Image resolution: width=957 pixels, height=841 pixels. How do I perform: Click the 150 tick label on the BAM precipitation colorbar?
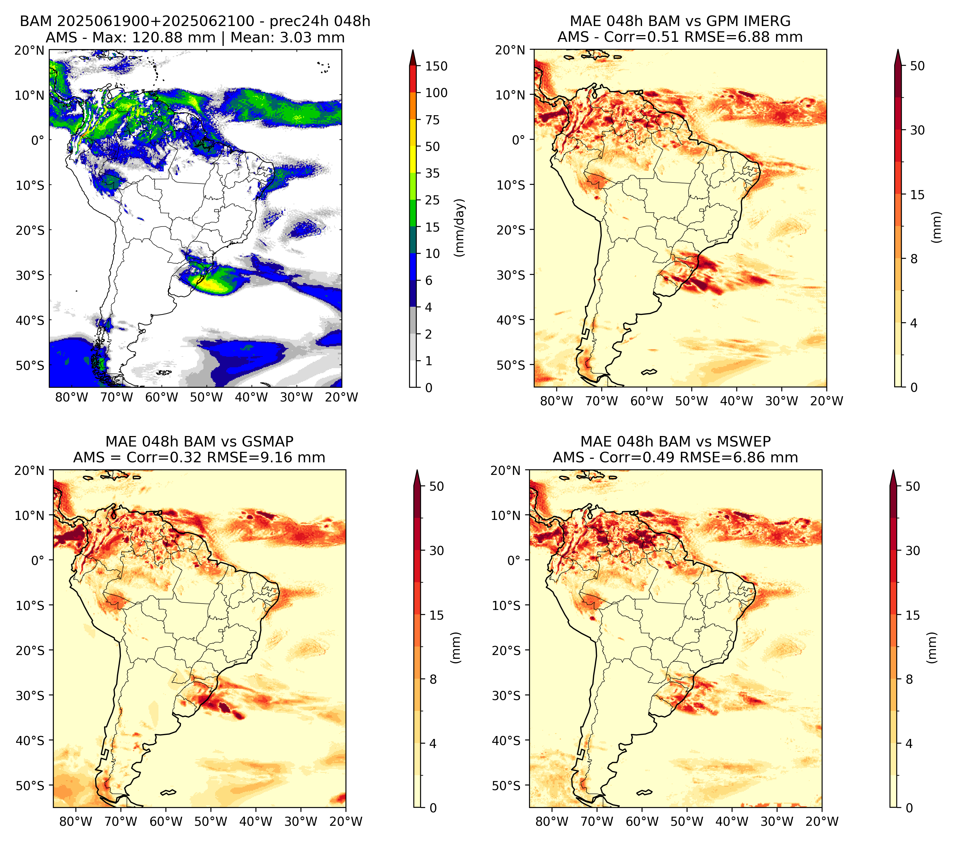(436, 66)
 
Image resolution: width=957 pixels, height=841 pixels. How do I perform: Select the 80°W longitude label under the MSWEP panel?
(552, 821)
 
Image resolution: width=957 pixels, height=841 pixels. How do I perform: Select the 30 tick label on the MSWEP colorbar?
(913, 551)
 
